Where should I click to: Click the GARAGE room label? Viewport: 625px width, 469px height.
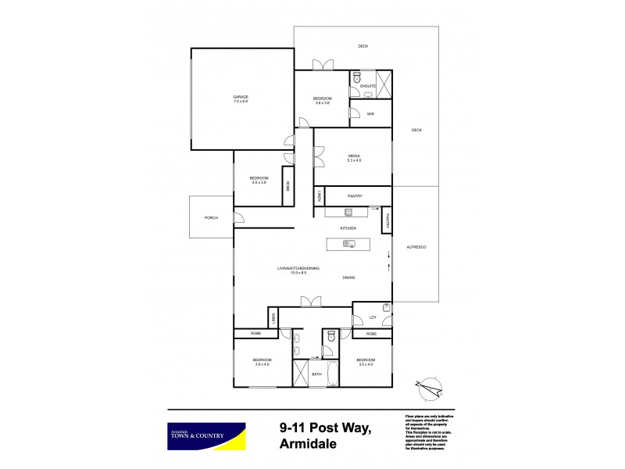(x=239, y=97)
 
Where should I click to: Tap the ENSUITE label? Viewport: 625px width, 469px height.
(x=369, y=85)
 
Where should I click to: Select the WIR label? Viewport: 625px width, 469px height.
(x=370, y=114)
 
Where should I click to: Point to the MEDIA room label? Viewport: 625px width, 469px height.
(x=354, y=156)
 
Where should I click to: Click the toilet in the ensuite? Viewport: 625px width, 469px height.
(x=356, y=78)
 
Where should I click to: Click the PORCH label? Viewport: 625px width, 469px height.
(x=211, y=217)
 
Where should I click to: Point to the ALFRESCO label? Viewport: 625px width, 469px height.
(x=415, y=247)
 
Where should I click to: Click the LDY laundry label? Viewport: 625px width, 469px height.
(x=373, y=317)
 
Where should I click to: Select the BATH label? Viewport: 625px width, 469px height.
(x=316, y=374)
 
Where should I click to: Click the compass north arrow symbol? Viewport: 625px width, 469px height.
(x=431, y=384)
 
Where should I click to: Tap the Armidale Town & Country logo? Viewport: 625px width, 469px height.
(x=207, y=434)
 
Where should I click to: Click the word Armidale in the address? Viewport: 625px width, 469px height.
(x=307, y=444)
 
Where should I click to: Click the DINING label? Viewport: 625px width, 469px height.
(x=351, y=277)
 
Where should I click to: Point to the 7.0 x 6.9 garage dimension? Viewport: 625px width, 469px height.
(x=239, y=102)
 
